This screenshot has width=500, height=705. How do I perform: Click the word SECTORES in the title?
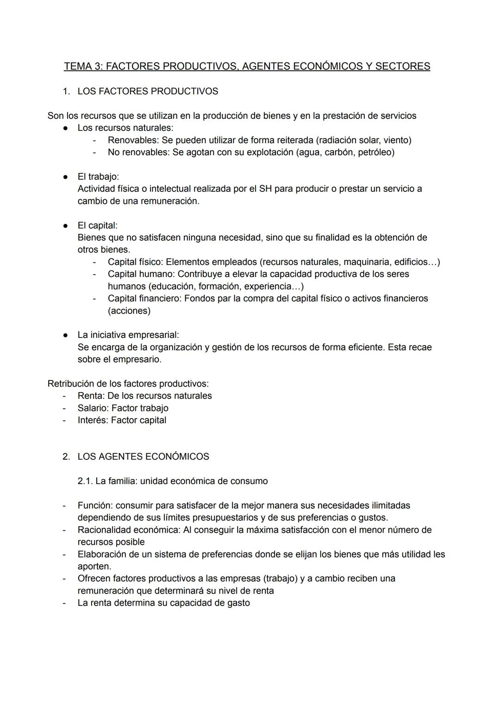click(402, 67)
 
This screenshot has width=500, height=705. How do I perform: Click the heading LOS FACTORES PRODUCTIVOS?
click(148, 92)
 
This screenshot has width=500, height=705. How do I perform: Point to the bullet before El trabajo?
click(66, 177)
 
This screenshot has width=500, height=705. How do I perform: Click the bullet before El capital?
click(66, 226)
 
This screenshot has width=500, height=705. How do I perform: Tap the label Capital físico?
click(134, 262)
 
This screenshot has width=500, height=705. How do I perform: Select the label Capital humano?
click(140, 274)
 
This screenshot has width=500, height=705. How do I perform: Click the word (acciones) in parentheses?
click(129, 311)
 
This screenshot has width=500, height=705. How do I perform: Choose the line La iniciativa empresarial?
click(128, 335)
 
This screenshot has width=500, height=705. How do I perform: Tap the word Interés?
click(92, 420)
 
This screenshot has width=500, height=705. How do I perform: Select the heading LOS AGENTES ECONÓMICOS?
click(143, 457)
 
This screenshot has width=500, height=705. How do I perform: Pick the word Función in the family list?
click(94, 506)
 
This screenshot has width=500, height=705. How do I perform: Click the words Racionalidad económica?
click(129, 530)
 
